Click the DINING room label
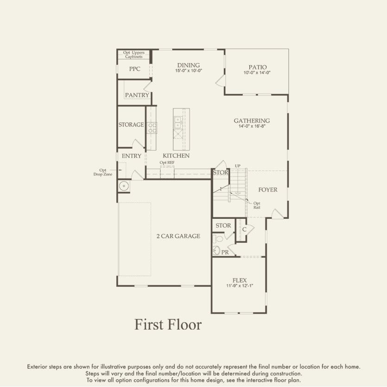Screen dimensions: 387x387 tap(188, 65)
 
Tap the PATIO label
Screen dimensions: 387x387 tap(257, 67)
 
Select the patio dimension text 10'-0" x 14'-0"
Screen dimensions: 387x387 tap(257, 73)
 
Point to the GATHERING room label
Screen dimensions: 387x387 tap(252, 121)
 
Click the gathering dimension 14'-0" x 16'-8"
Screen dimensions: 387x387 tap(252, 126)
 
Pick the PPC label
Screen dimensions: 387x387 tap(134, 69)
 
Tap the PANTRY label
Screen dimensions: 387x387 tap(137, 95)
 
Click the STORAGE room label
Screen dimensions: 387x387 tap(131, 125)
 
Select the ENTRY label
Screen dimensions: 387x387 tap(131, 156)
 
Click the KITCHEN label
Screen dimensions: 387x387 tap(176, 156)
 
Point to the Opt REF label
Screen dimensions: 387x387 tap(167, 163)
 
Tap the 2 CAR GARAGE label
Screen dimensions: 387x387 tap(178, 236)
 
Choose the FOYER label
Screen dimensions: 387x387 tap(268, 190)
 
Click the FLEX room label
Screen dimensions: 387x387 tap(240, 280)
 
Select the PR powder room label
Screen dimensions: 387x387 tap(225, 253)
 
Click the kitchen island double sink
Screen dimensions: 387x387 tap(178, 121)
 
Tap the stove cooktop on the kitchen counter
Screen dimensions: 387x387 tap(152, 128)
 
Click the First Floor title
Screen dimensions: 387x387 tap(168, 324)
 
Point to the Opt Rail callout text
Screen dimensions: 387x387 tap(256, 205)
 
